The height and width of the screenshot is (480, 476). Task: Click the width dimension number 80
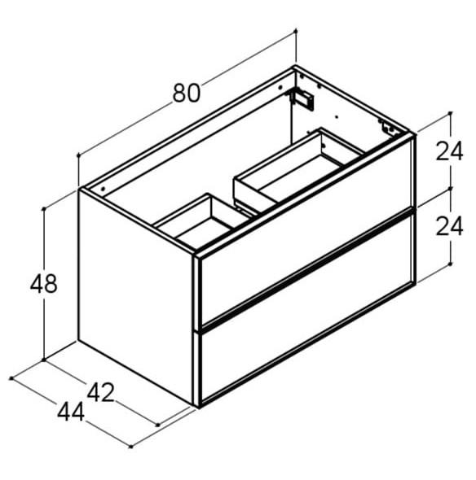(186, 93)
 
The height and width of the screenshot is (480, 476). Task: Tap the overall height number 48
(43, 285)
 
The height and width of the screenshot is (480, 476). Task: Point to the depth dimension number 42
(100, 393)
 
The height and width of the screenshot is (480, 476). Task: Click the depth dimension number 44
(71, 412)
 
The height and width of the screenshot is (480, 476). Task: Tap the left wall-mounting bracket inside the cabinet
(304, 98)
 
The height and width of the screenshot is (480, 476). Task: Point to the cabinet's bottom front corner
(198, 404)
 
